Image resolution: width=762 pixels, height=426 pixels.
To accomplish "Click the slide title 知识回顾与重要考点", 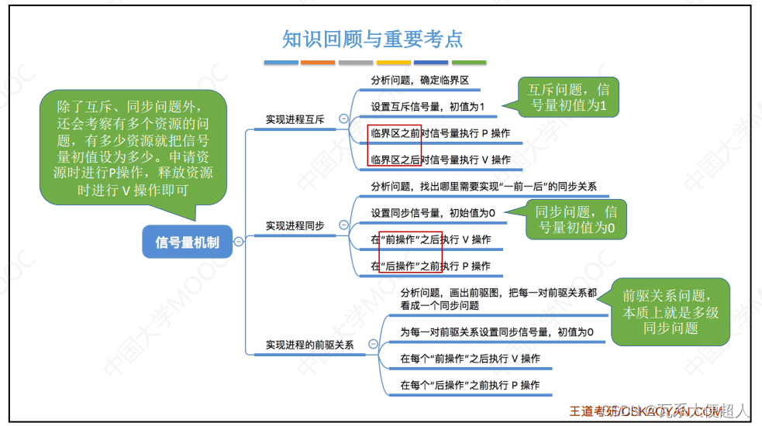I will click(372, 40).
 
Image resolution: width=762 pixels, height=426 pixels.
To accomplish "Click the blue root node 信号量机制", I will click(187, 242).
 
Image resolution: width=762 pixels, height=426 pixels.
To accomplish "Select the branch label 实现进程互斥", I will click(295, 120).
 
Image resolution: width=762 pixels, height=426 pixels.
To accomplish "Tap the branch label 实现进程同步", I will click(295, 226).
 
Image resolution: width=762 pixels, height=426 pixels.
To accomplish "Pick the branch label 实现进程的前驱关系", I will click(309, 345).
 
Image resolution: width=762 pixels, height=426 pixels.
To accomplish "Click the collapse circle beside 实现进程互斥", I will click(343, 119).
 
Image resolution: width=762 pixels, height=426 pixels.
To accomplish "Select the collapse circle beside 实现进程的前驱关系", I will click(373, 344).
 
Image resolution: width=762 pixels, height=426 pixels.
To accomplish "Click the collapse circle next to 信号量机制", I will click(239, 242).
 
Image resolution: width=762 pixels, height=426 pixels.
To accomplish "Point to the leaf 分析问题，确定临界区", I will click(419, 80).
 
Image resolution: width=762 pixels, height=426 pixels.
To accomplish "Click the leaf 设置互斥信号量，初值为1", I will click(427, 107).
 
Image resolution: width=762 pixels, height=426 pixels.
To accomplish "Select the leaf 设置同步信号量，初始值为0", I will click(433, 212).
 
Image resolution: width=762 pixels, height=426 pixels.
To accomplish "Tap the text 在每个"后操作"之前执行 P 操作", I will click(470, 385).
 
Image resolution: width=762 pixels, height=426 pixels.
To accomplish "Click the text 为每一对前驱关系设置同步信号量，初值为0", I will click(497, 332).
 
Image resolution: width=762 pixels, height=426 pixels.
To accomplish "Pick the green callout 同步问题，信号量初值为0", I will click(578, 219).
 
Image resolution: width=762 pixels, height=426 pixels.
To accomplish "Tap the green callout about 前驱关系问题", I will click(671, 311).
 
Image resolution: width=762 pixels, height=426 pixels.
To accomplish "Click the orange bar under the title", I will click(318, 63).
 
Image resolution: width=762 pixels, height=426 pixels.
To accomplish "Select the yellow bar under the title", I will click(393, 63).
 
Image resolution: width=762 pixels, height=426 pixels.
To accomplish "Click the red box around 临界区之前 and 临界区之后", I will click(395, 146).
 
